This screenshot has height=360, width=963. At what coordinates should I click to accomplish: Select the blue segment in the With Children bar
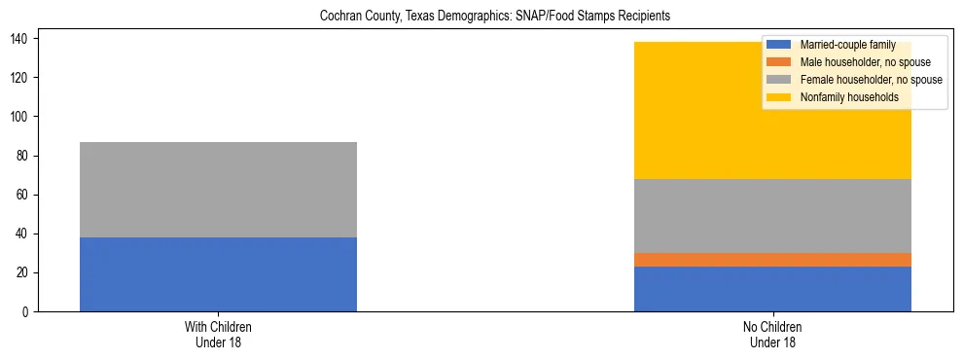(218, 274)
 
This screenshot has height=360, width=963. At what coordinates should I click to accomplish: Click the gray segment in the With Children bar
(218, 190)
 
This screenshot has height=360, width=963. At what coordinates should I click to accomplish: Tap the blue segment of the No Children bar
(772, 289)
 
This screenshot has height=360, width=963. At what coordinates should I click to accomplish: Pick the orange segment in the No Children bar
(772, 260)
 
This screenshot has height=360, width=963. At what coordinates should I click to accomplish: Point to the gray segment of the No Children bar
(772, 216)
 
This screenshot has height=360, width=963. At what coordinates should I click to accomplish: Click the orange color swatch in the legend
(779, 62)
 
